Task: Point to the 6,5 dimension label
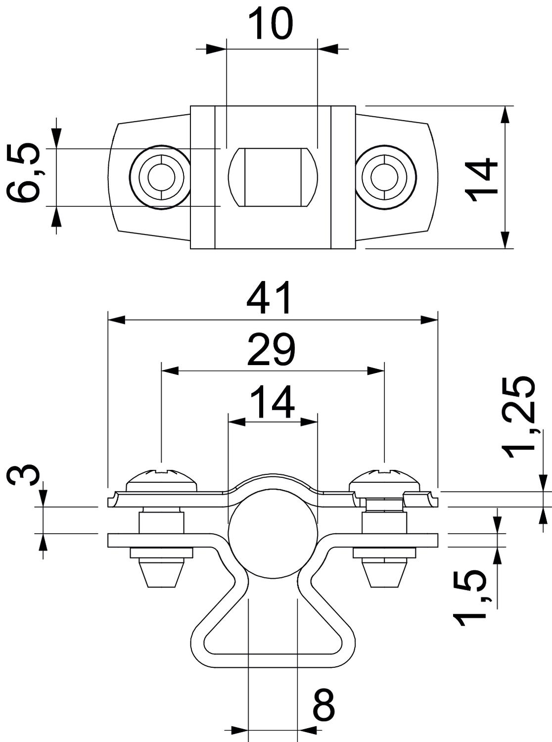[24, 174]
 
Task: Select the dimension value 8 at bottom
[324, 705]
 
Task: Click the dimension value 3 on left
[24, 475]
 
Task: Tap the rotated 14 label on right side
[482, 179]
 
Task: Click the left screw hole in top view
[160, 177]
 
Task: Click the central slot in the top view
[272, 177]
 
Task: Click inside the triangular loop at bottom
[272, 633]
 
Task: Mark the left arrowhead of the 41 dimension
[116, 320]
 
